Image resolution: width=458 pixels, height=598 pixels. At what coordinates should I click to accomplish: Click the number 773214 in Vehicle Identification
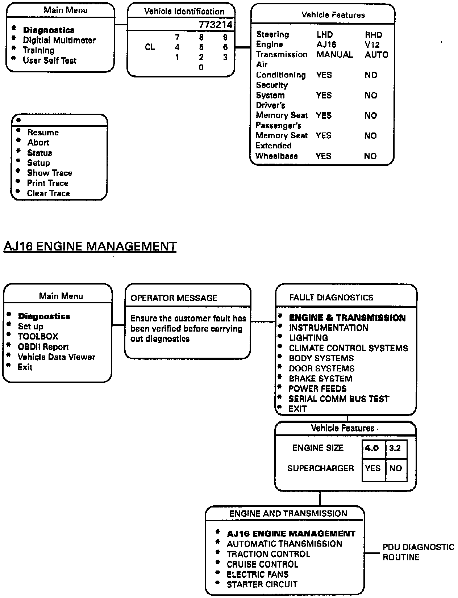(x=215, y=25)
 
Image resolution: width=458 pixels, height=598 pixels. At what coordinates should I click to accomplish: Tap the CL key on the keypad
(x=150, y=47)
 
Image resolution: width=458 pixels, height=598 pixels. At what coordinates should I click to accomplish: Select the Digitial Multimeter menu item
(x=59, y=40)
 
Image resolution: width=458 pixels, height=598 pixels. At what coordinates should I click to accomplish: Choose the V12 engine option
(x=372, y=45)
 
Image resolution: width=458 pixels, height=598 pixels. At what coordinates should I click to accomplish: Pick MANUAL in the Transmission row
(x=334, y=55)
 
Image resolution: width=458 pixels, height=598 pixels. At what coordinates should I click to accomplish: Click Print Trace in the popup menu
(x=47, y=183)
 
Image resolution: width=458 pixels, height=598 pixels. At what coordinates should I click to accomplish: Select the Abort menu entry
(x=38, y=143)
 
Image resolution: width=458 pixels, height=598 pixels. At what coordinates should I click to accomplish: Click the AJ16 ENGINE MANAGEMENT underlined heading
(x=90, y=247)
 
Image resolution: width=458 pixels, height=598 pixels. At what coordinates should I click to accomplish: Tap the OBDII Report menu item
(x=43, y=347)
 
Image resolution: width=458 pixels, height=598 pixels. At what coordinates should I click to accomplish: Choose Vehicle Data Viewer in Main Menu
(x=56, y=357)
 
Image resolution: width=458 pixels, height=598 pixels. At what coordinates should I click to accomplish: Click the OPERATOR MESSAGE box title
(x=174, y=298)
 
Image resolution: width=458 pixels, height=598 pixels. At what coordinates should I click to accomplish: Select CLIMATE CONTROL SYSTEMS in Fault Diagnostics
(x=348, y=348)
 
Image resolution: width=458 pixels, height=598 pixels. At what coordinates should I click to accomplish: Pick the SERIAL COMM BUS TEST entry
(x=338, y=399)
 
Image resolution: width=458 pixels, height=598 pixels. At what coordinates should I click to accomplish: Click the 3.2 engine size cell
(x=395, y=448)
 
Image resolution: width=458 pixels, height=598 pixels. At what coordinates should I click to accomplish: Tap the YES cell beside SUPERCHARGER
(x=373, y=468)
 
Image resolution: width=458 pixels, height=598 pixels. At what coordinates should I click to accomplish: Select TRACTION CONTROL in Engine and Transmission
(x=268, y=554)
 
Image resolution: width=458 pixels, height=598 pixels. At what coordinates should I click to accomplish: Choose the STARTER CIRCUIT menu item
(x=262, y=585)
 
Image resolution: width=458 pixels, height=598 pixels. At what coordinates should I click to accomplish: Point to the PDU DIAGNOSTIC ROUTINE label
(x=418, y=552)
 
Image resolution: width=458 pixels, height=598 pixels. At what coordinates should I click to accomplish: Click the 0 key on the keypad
(x=201, y=68)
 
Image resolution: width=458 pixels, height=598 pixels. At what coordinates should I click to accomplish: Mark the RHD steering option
(x=373, y=35)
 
